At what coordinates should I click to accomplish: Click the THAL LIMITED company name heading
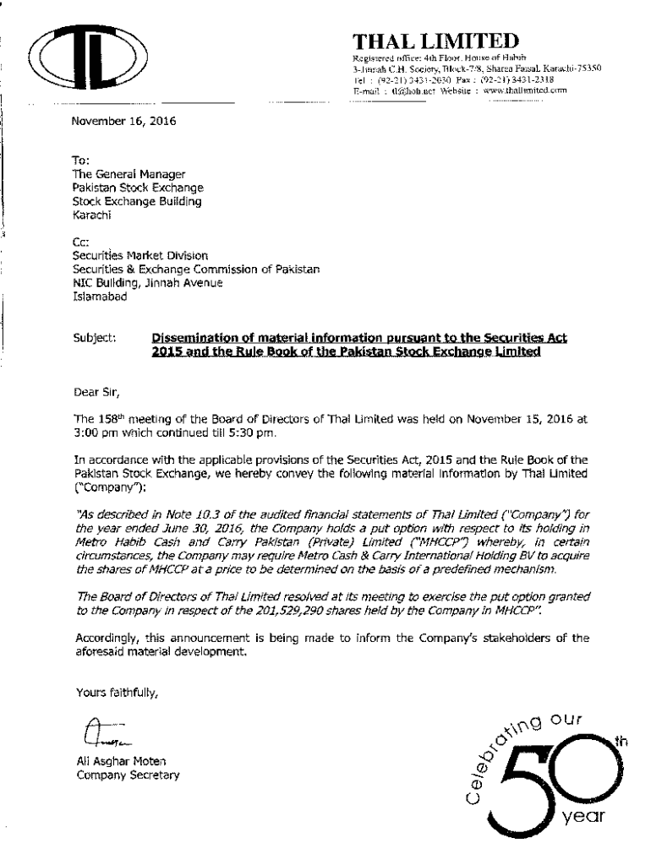(435, 40)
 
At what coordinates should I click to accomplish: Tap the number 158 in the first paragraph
(109, 418)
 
